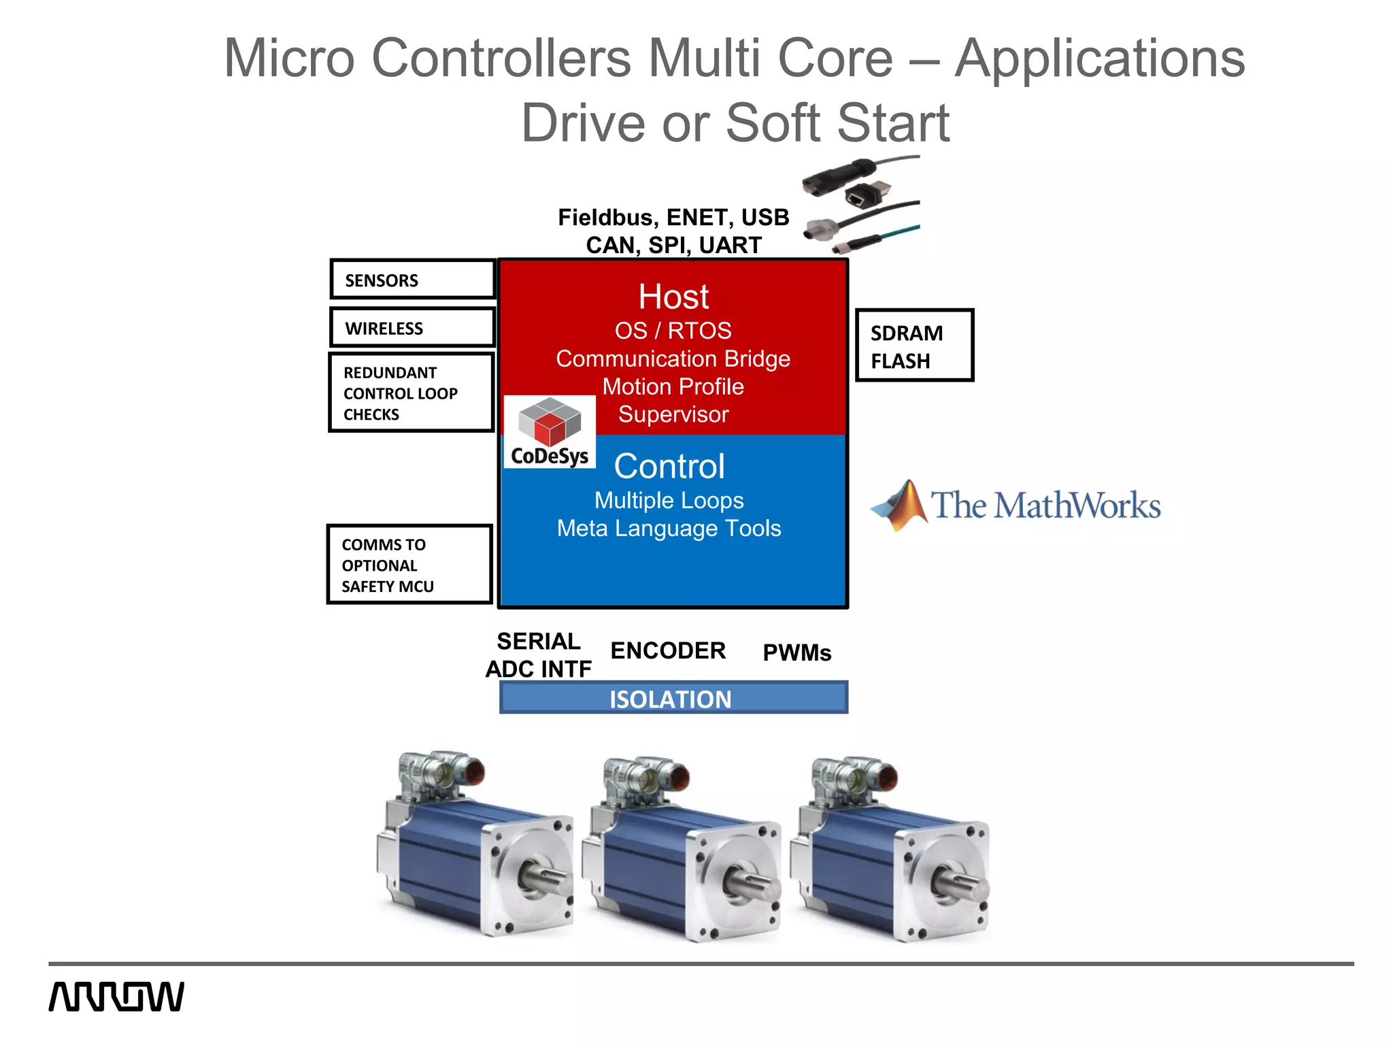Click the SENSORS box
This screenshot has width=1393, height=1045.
(x=412, y=279)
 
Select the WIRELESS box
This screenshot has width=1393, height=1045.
(x=412, y=327)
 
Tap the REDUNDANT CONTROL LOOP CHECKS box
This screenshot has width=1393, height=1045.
(x=411, y=393)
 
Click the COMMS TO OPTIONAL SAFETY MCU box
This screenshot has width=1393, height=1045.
(x=409, y=565)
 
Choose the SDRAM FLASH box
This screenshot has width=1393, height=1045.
(x=913, y=346)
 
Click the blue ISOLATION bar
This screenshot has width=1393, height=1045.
(x=673, y=698)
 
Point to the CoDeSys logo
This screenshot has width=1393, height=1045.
(x=550, y=433)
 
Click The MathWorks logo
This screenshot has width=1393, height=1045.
(x=1016, y=505)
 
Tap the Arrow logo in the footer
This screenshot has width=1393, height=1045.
(x=116, y=997)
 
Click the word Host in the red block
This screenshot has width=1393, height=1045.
(x=673, y=297)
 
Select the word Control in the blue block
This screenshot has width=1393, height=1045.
(x=669, y=467)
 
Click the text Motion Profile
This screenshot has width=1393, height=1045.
(x=673, y=386)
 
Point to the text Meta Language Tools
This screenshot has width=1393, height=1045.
(x=669, y=529)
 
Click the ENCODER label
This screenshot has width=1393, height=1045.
(x=668, y=650)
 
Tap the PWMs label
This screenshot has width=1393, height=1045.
(x=797, y=653)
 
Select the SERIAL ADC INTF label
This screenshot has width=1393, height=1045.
(x=539, y=655)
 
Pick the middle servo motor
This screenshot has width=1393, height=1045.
(x=680, y=850)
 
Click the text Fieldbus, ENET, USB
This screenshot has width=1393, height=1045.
(x=673, y=218)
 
